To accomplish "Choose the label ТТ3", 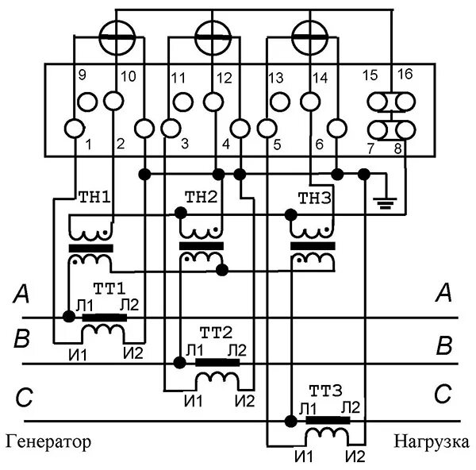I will [x=327, y=391].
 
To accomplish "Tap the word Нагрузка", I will [x=431, y=441].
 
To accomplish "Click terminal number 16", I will [x=405, y=75].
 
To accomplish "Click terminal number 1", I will [x=88, y=144].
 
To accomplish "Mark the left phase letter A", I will [x=22, y=296].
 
